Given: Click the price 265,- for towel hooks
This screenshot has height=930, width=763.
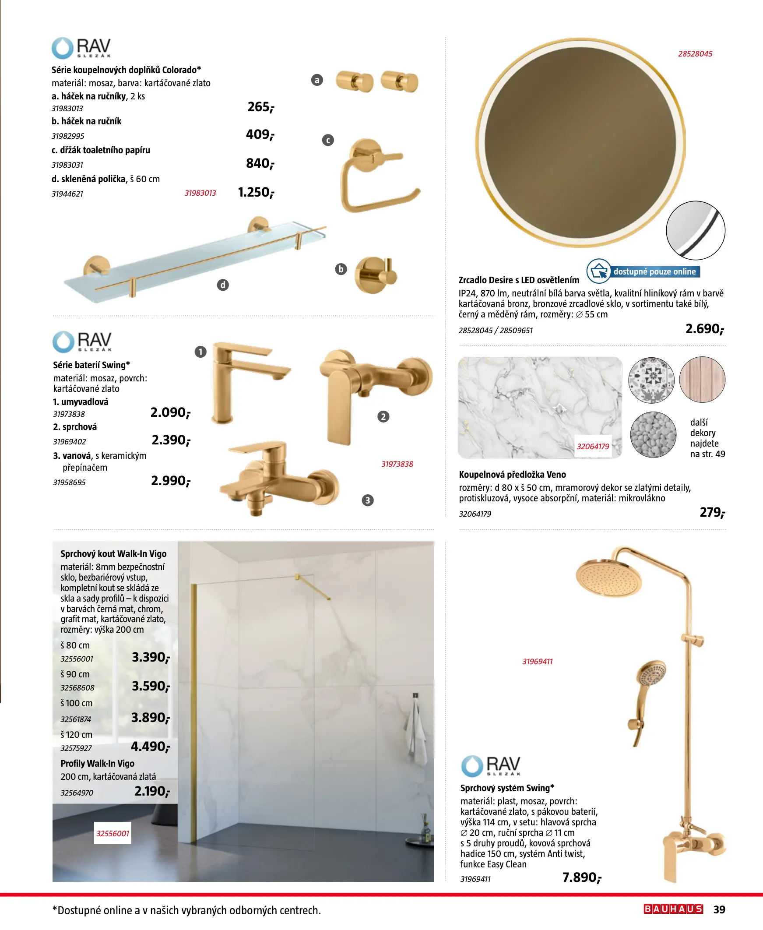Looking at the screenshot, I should [x=260, y=107].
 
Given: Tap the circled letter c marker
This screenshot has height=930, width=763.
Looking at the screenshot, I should [x=328, y=140].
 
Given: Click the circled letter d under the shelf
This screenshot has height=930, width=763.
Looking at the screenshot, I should [x=223, y=285].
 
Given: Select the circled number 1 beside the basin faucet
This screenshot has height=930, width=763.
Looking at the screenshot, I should [x=200, y=352].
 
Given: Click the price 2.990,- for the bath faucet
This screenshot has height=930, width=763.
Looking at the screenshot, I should [x=171, y=481].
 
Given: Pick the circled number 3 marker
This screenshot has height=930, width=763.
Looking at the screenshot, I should [x=367, y=500].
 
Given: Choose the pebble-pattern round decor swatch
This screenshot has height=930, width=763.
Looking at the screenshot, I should [x=653, y=435].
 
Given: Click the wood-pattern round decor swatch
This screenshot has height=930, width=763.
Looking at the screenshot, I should [x=702, y=380].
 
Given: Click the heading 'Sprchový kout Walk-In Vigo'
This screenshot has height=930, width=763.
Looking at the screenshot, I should [x=113, y=554].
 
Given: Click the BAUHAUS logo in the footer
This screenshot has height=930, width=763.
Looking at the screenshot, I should [x=673, y=909].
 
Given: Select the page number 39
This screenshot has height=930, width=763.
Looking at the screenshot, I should [x=719, y=909].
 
